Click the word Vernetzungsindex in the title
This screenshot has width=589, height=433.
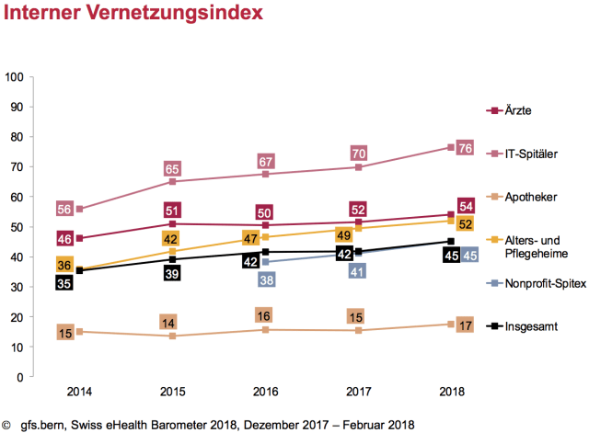[x=171, y=15]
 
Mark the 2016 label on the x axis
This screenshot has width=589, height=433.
[x=266, y=392]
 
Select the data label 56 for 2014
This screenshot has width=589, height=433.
[x=64, y=210]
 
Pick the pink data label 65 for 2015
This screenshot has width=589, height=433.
[x=171, y=169]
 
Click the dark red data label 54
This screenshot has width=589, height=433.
[x=466, y=206]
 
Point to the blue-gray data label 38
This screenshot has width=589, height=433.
[x=266, y=279]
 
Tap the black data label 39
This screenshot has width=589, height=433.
[x=171, y=273]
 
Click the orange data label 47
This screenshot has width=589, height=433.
[x=248, y=238]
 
